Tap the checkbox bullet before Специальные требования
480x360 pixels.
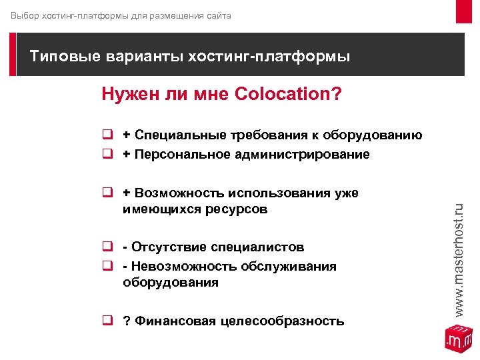(106, 135)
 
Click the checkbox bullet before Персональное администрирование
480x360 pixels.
(106, 155)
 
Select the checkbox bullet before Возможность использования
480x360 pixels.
(106, 193)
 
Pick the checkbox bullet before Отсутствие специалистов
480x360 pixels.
(106, 247)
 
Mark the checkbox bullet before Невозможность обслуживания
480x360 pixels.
(106, 267)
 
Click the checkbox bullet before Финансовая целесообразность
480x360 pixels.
(106, 321)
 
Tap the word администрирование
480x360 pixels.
(293, 155)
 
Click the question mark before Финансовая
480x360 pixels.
(126, 321)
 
